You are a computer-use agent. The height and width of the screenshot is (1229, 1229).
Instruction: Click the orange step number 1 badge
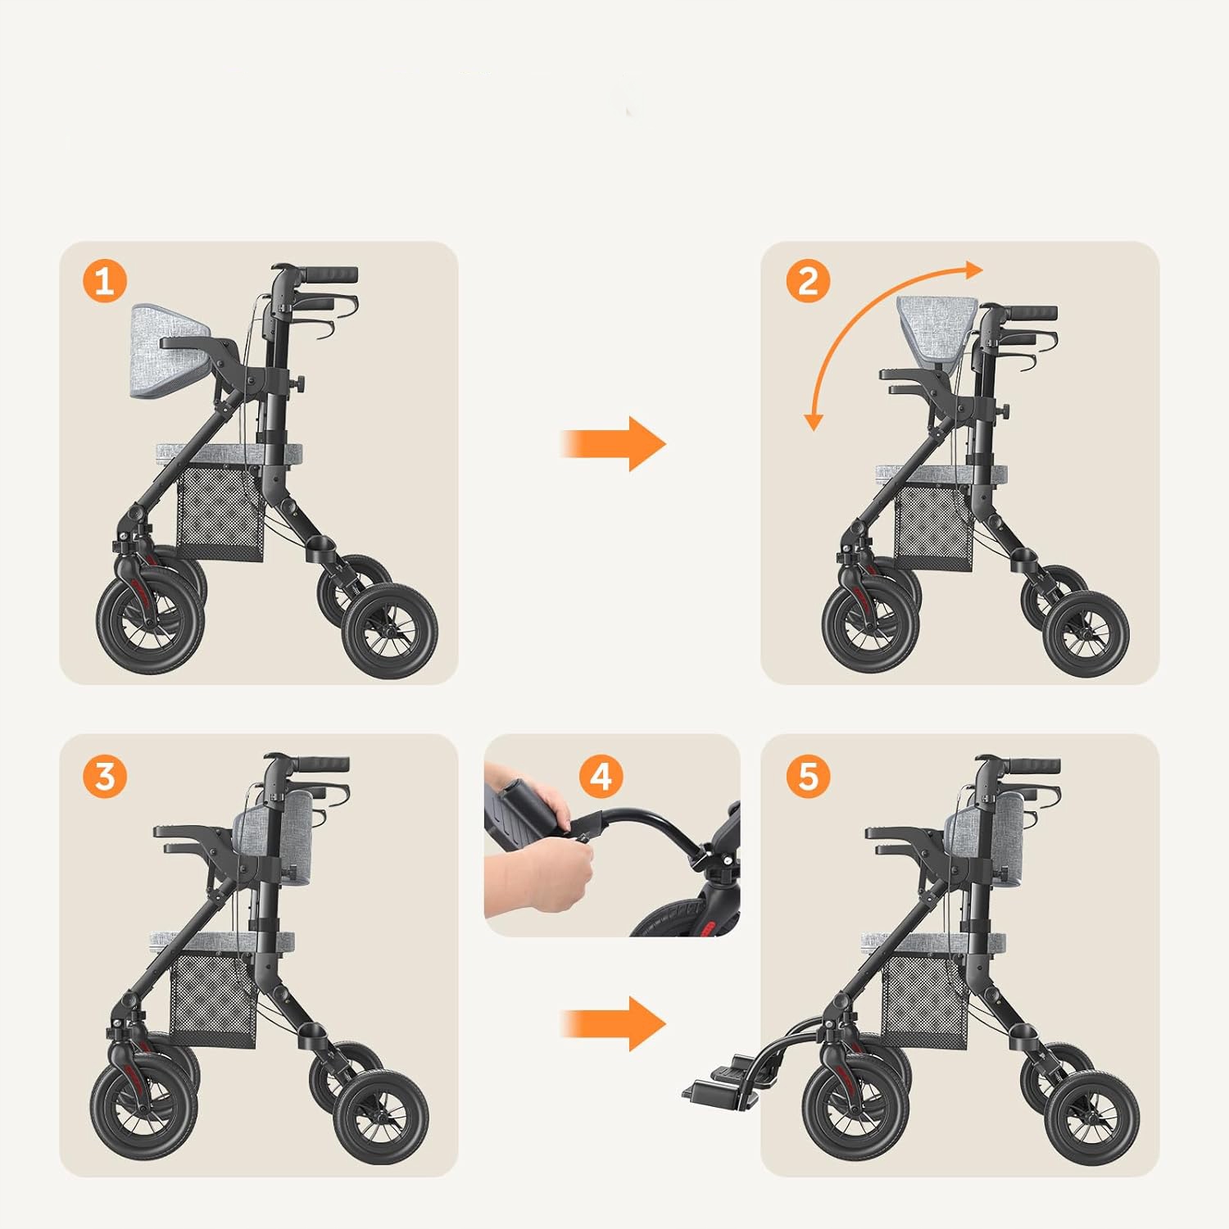click(105, 281)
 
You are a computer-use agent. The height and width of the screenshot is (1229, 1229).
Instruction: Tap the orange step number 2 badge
click(808, 281)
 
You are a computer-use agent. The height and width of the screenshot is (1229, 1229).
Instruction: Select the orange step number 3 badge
click(105, 776)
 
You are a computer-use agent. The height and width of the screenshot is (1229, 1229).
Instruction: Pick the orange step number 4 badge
click(601, 776)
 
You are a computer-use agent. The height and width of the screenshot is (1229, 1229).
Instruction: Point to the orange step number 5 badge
click(808, 776)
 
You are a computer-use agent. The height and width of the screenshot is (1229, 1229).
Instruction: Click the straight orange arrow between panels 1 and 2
click(614, 444)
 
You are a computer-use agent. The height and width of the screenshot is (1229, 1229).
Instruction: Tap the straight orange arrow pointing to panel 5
click(614, 1023)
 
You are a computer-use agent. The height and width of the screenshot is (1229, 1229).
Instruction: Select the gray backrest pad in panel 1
click(168, 351)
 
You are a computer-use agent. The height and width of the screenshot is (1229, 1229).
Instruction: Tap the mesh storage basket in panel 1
click(221, 513)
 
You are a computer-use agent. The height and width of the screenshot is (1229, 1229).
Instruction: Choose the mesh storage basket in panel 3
click(214, 1000)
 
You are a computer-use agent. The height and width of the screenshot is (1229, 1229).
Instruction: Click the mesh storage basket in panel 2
click(934, 528)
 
